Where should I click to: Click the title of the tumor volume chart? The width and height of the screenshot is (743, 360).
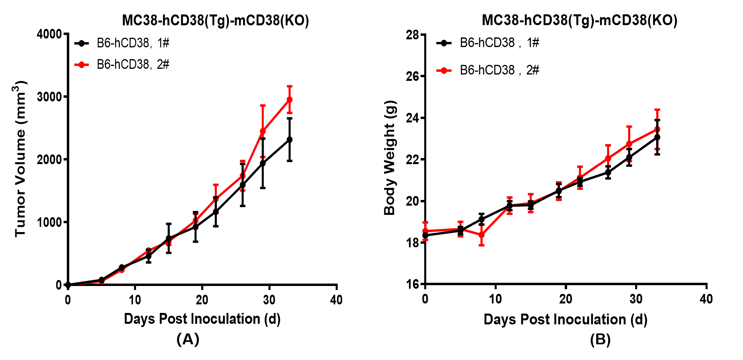(x=215, y=20)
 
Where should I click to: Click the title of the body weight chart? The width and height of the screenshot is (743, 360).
(x=579, y=20)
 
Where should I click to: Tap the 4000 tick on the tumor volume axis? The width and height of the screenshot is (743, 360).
(x=49, y=34)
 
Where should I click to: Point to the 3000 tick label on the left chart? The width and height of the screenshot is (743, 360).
(x=49, y=97)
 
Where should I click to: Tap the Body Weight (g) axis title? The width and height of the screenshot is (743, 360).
(x=390, y=158)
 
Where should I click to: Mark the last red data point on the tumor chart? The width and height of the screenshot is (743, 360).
(x=289, y=99)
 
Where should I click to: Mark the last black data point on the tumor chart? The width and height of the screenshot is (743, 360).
(x=289, y=140)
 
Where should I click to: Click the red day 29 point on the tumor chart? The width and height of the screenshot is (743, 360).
(x=263, y=131)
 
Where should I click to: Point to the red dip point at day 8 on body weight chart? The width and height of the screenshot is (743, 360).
(x=481, y=235)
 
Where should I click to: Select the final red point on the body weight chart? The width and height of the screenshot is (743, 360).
(x=657, y=129)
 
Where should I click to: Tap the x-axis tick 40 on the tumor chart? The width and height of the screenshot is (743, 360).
(x=336, y=300)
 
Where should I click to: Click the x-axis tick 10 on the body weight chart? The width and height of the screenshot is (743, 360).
(x=495, y=299)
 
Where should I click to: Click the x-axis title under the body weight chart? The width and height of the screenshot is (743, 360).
(x=566, y=319)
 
